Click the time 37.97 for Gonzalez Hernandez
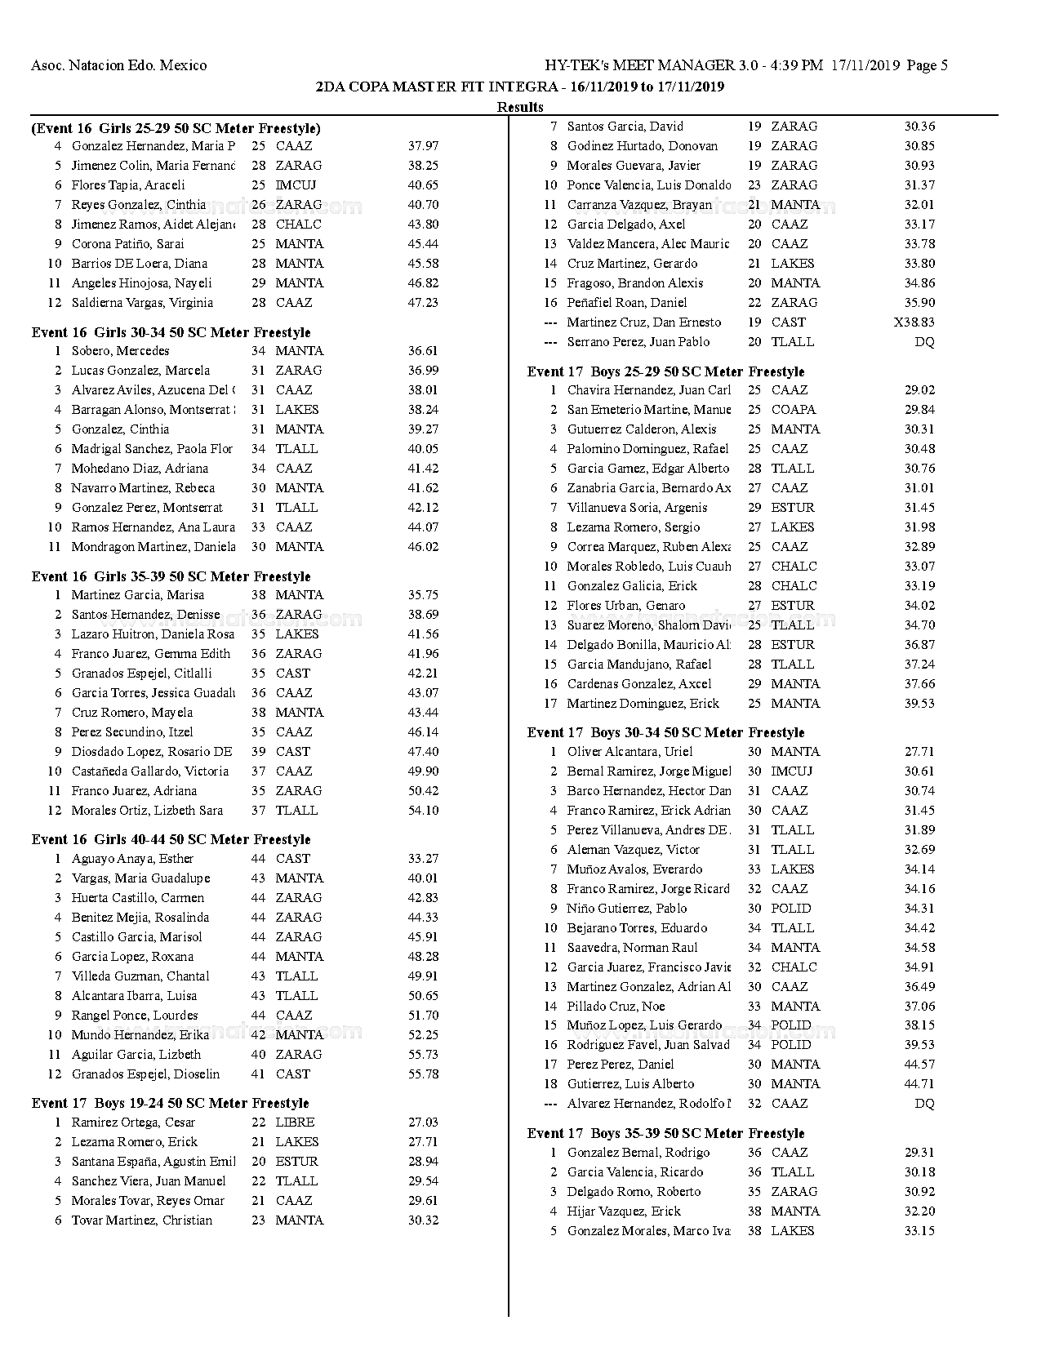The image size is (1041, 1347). coord(423,146)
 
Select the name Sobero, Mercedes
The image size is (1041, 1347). coord(120,351)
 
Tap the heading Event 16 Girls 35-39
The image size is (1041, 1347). coord(171,576)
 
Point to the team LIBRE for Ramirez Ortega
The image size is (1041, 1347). coord(295,1122)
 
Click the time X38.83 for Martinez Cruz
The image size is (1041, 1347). coord(914,322)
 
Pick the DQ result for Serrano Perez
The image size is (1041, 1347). coord(924,342)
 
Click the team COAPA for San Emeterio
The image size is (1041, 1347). coord(793,410)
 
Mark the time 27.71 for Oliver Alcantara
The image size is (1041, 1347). coord(919,752)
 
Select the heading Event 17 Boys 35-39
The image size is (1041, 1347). coord(665,1133)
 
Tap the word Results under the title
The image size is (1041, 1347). coord(520,107)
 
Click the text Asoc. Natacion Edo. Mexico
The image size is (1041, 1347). coord(118,65)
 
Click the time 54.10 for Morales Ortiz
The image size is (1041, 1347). coord(423,811)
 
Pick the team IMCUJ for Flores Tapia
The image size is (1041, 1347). coord(296,185)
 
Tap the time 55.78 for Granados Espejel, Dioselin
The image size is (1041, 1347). coord(423,1074)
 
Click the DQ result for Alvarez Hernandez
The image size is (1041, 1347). coord(924,1104)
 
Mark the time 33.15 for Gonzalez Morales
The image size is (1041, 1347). coord(919,1231)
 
